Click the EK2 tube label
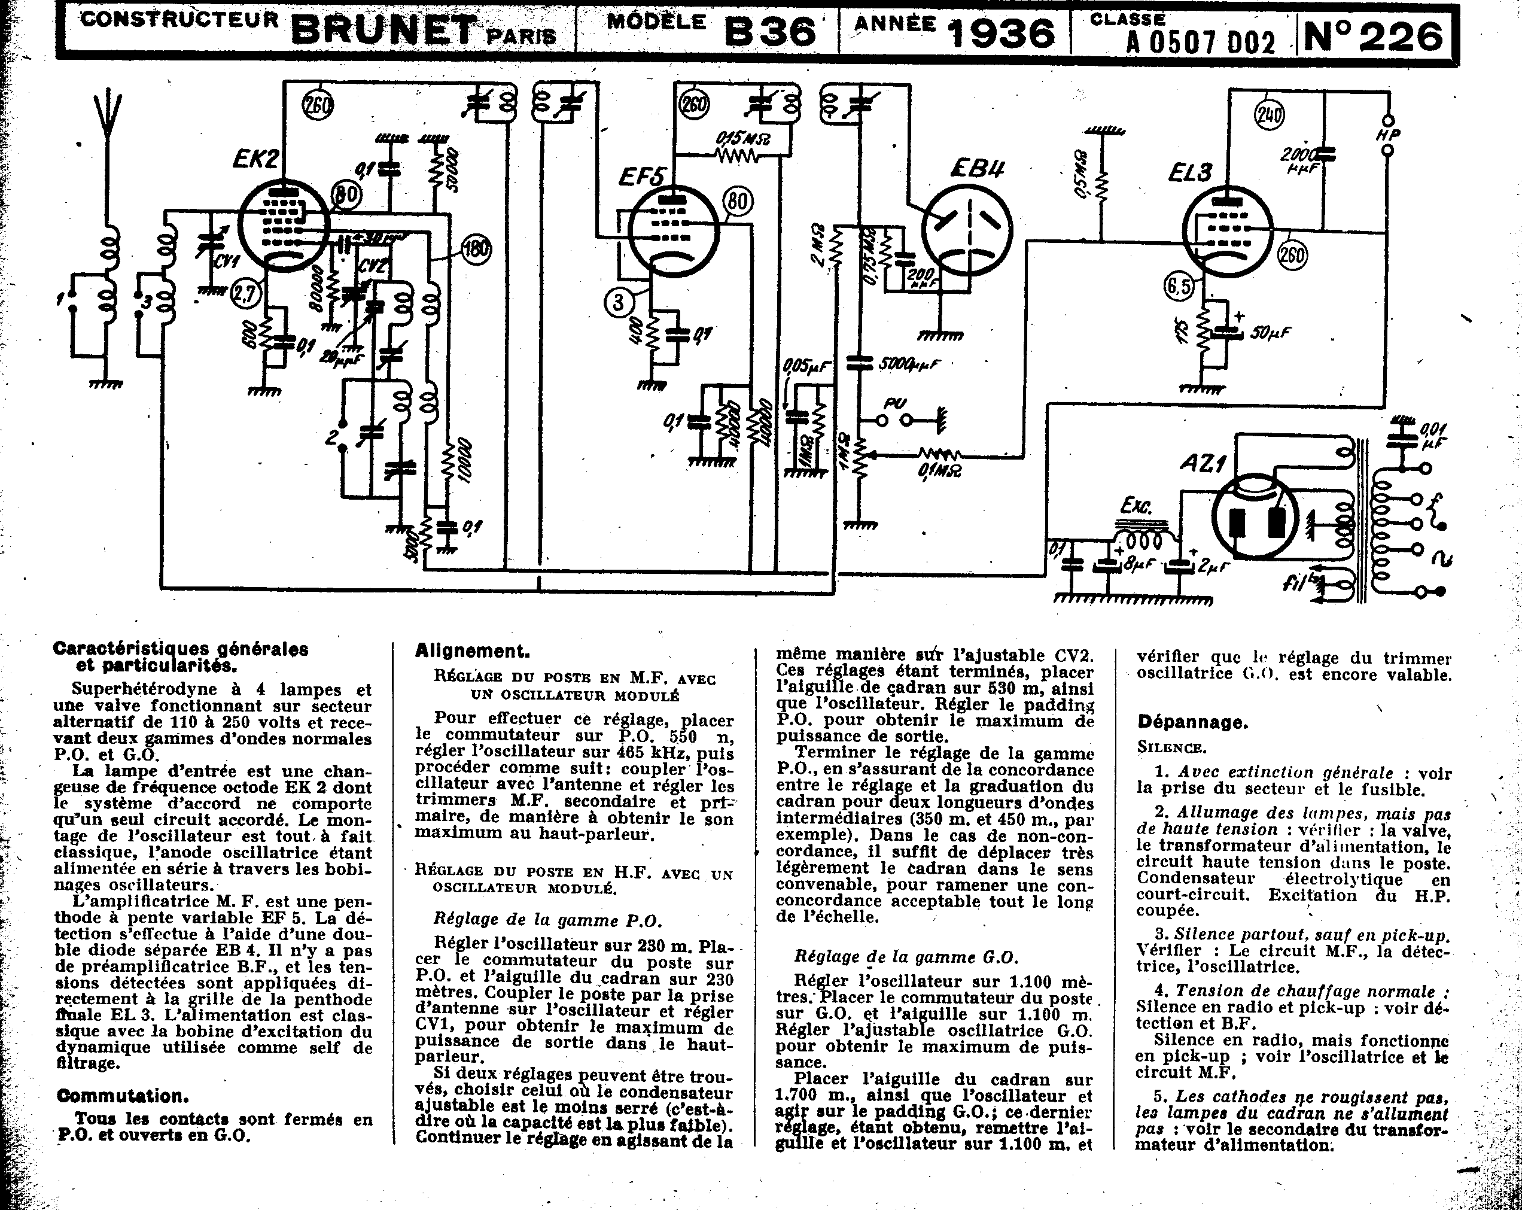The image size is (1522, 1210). click(x=255, y=160)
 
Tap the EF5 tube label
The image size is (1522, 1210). click(x=641, y=177)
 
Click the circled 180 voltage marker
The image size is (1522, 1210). click(x=476, y=249)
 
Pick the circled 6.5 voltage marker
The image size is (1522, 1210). click(x=1180, y=287)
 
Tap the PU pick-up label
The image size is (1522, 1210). click(x=896, y=404)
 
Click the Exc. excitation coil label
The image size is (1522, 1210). click(x=1137, y=506)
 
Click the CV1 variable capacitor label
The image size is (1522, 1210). click(x=227, y=262)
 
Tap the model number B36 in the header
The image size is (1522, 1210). click(x=770, y=32)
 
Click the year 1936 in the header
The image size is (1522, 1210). click(x=1001, y=33)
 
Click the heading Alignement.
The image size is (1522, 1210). click(x=472, y=651)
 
